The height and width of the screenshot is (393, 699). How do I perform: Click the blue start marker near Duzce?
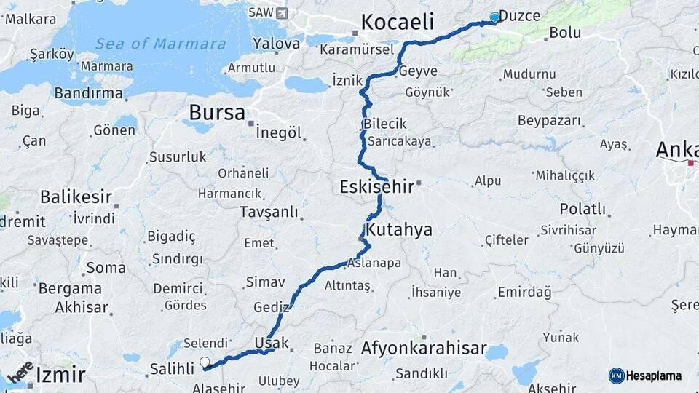tap(495, 17)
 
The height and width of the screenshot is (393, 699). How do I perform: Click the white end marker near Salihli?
tap(205, 362)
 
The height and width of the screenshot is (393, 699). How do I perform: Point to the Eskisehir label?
tap(376, 187)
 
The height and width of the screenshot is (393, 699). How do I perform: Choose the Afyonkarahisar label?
tap(423, 349)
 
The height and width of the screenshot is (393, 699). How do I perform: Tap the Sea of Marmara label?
tap(160, 44)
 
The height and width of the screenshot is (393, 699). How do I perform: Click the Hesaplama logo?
tap(645, 376)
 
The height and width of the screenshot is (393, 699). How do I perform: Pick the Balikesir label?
tap(76, 196)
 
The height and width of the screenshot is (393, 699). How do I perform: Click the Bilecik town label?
tap(384, 124)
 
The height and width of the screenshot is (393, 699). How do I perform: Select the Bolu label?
tap(564, 33)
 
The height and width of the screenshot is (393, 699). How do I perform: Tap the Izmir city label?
tap(60, 376)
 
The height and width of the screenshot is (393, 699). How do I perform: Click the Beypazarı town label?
tap(548, 120)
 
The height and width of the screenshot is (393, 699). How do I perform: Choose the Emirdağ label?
tap(524, 293)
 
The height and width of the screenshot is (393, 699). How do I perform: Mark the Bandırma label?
tap(89, 93)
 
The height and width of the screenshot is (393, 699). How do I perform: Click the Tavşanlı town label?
tap(269, 212)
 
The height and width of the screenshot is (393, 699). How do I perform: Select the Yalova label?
tap(276, 44)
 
